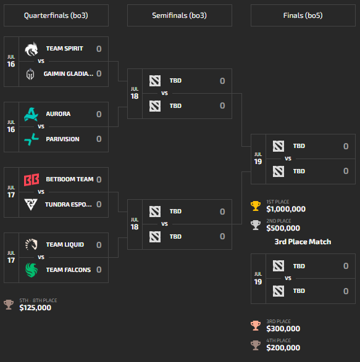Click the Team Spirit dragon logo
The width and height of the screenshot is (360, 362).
(x=31, y=49)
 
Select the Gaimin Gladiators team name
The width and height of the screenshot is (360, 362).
(x=69, y=73)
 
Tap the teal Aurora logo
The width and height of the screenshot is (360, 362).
(x=31, y=114)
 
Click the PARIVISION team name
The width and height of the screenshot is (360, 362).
(x=62, y=139)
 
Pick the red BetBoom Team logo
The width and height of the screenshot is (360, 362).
(x=31, y=179)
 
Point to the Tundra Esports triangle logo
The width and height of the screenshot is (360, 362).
(x=31, y=204)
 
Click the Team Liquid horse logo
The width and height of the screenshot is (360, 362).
(x=31, y=244)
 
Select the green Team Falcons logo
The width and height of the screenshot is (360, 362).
(x=31, y=270)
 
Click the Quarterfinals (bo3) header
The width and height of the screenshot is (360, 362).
(x=56, y=15)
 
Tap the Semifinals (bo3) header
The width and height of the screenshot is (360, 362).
(x=180, y=15)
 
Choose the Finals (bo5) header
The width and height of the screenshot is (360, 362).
(x=303, y=15)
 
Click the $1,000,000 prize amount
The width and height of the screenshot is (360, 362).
(x=286, y=209)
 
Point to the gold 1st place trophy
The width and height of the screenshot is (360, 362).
(x=256, y=206)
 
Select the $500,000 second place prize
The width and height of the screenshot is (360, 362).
(x=283, y=228)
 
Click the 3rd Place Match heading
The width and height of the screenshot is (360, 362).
(x=303, y=242)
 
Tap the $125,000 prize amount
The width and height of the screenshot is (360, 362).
(x=35, y=308)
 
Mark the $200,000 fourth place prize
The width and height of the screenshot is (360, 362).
(x=283, y=348)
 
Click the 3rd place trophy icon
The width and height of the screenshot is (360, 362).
(x=256, y=326)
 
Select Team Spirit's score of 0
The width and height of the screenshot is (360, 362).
(x=99, y=49)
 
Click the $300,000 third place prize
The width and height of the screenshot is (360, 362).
(x=283, y=329)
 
